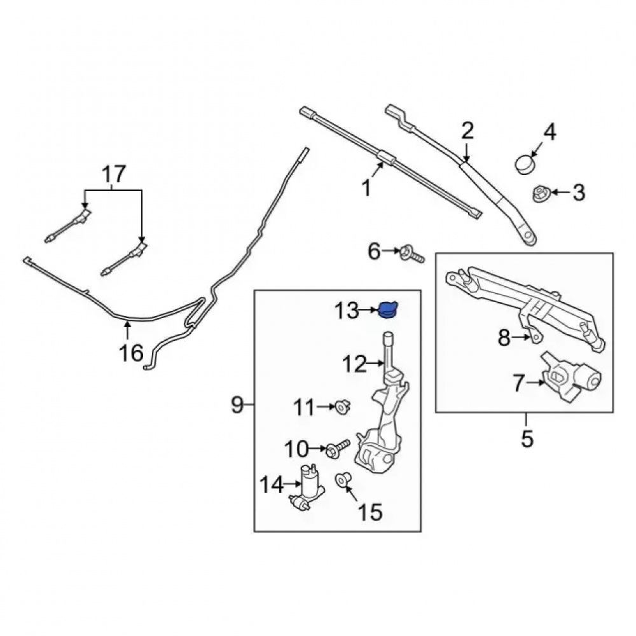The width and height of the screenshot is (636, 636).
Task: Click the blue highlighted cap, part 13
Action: point(388,311)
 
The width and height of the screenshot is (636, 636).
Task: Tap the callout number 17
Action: point(114,174)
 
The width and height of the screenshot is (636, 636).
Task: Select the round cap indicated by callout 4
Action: point(524,163)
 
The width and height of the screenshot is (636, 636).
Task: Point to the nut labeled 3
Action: point(541,194)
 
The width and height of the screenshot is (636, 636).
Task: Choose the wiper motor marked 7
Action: point(572,377)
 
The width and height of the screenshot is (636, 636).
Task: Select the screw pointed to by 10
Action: point(338,448)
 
